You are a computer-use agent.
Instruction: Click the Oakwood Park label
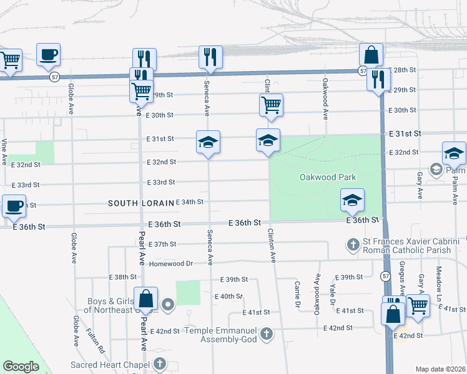click(327, 177)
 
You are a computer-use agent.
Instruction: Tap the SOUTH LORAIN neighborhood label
click(139, 203)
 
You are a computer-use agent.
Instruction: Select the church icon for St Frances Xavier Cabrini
click(353, 244)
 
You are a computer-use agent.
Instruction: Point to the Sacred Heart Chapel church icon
click(160, 363)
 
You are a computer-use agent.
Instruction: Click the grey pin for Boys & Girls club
click(168, 305)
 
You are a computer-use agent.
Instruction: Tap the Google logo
click(21, 366)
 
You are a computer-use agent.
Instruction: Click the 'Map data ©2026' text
click(440, 369)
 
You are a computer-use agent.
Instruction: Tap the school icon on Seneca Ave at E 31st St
click(208, 141)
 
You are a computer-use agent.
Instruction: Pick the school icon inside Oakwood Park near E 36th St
click(352, 199)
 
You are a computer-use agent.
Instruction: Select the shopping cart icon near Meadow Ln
click(418, 305)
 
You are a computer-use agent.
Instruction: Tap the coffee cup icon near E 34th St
click(14, 205)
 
